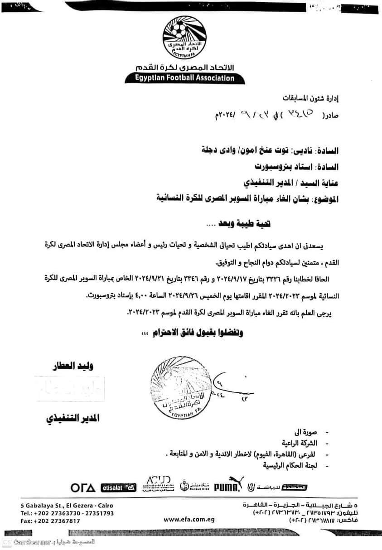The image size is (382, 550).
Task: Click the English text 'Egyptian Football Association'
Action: pos(185,78)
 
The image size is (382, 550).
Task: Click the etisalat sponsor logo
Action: pos(118,487)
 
